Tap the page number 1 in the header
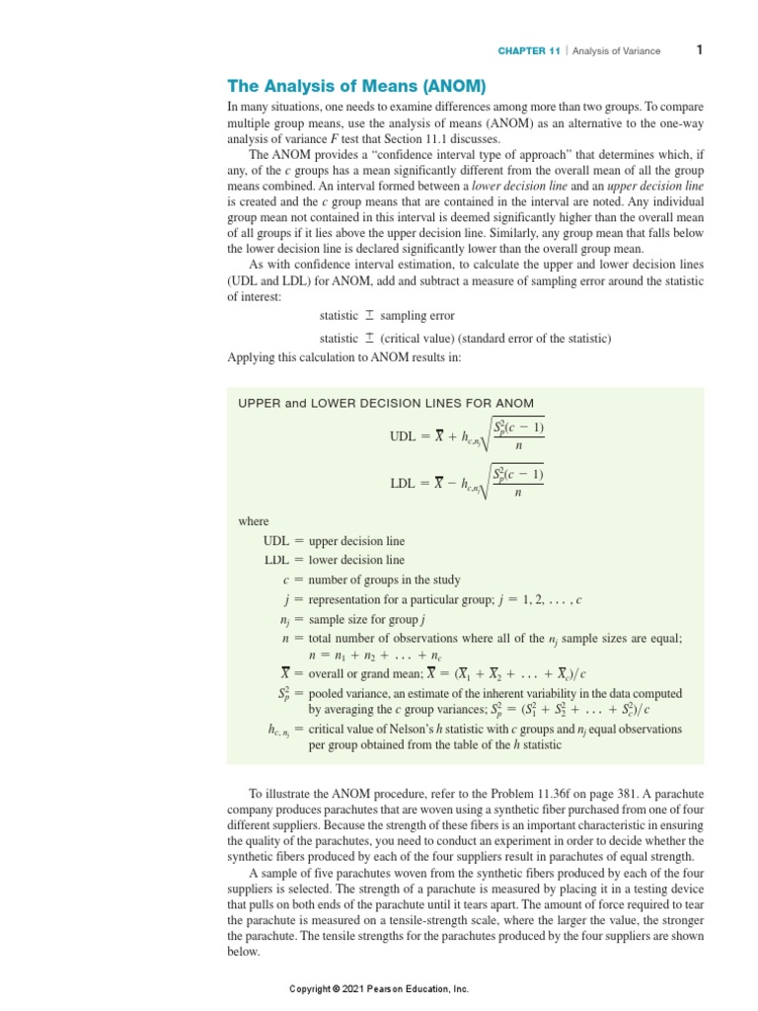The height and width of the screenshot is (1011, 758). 699,50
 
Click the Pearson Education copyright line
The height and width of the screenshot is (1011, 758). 379,988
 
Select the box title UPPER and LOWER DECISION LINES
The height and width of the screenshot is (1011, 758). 386,403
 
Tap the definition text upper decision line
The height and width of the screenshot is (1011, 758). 356,541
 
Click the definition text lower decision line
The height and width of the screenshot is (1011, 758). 356,560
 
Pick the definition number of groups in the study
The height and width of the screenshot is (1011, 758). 384,580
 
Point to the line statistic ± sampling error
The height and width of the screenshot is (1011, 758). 387,316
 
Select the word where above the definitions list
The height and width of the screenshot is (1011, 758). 254,521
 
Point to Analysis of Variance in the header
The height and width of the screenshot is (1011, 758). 617,51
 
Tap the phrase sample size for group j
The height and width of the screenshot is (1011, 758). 366,619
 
